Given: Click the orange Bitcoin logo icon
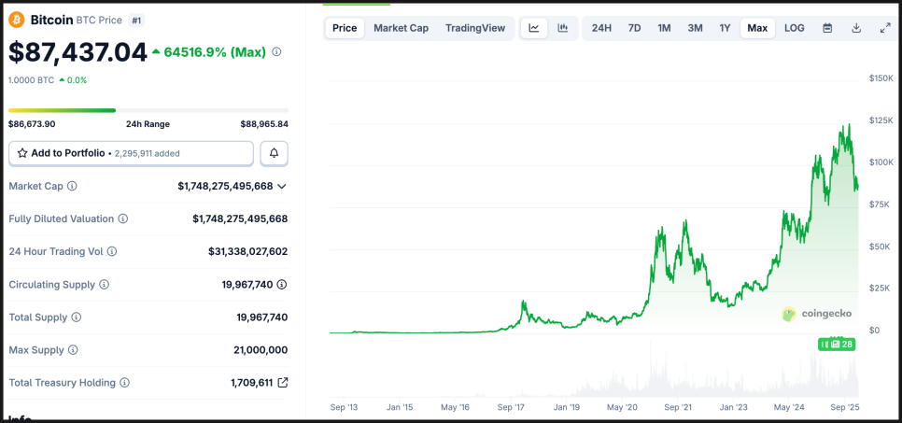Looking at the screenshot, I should (x=16, y=19).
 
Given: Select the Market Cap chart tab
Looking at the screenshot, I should (x=401, y=28).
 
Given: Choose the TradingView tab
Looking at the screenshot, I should (x=475, y=28).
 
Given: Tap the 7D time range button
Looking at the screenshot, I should (x=634, y=28).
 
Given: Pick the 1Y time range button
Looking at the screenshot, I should (x=725, y=28).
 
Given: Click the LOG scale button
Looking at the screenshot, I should (x=794, y=28).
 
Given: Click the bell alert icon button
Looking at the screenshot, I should (x=274, y=153).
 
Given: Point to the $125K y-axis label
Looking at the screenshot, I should (x=880, y=120).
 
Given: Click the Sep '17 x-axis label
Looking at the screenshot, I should (x=512, y=407).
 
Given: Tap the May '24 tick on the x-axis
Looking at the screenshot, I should (x=789, y=407).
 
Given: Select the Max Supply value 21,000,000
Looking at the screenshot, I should (x=261, y=350).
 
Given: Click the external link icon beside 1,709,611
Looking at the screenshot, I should (x=283, y=383).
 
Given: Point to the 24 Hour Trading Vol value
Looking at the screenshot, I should (x=247, y=251).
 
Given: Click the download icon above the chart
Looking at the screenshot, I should (x=856, y=28).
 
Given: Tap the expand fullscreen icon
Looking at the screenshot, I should (x=885, y=28).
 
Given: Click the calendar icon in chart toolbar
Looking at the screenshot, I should (x=827, y=28).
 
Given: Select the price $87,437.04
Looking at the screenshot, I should (x=78, y=52).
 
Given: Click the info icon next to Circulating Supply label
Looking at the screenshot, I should (x=104, y=285).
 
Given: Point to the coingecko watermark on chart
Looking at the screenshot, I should (x=816, y=314).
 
